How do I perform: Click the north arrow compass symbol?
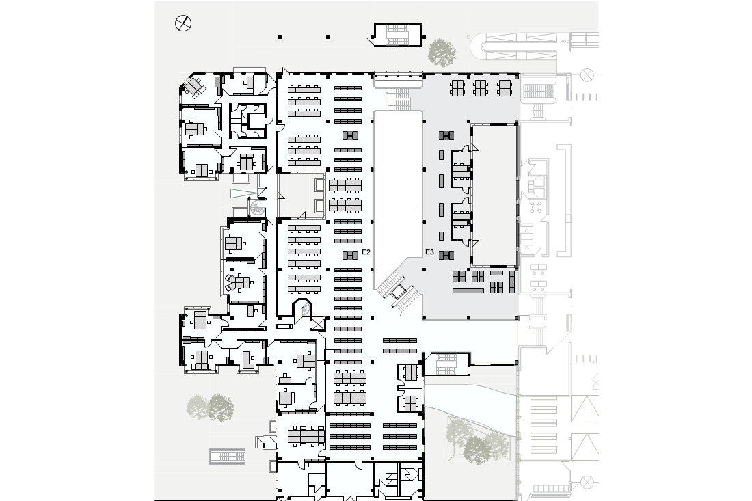(183, 23)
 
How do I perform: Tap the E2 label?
(366, 252)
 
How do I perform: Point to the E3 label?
(430, 252)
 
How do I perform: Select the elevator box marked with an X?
(319, 323)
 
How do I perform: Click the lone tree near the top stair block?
(442, 52)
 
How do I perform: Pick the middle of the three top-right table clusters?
(481, 87)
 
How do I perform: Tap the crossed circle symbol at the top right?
(587, 75)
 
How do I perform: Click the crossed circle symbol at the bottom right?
(587, 481)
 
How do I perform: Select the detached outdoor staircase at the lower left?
(228, 457)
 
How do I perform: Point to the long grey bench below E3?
(468, 290)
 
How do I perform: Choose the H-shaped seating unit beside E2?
(351, 255)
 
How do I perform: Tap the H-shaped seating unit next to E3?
(446, 255)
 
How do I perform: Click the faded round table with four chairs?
(536, 207)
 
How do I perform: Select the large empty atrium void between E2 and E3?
(398, 197)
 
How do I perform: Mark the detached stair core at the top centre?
(398, 35)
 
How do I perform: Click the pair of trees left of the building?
(211, 407)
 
